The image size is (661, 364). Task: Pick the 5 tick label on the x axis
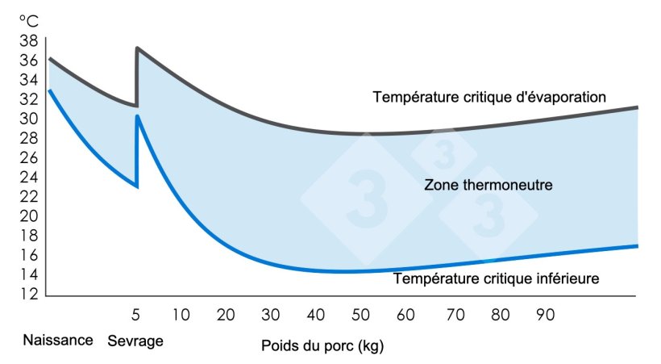coord(136,313)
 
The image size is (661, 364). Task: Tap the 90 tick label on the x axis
coord(545,313)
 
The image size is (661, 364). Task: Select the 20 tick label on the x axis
coord(225,313)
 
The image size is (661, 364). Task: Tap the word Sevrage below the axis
coord(135,341)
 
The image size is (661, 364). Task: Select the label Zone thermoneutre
coord(488,185)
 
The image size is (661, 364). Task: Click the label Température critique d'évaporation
coord(488,97)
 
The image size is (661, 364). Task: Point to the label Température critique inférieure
coord(496,279)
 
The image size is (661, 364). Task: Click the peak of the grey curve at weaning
coord(138,48)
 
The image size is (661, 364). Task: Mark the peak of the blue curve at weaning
coord(138,116)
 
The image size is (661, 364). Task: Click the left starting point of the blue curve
coord(49,90)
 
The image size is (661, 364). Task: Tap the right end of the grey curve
coord(637,107)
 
